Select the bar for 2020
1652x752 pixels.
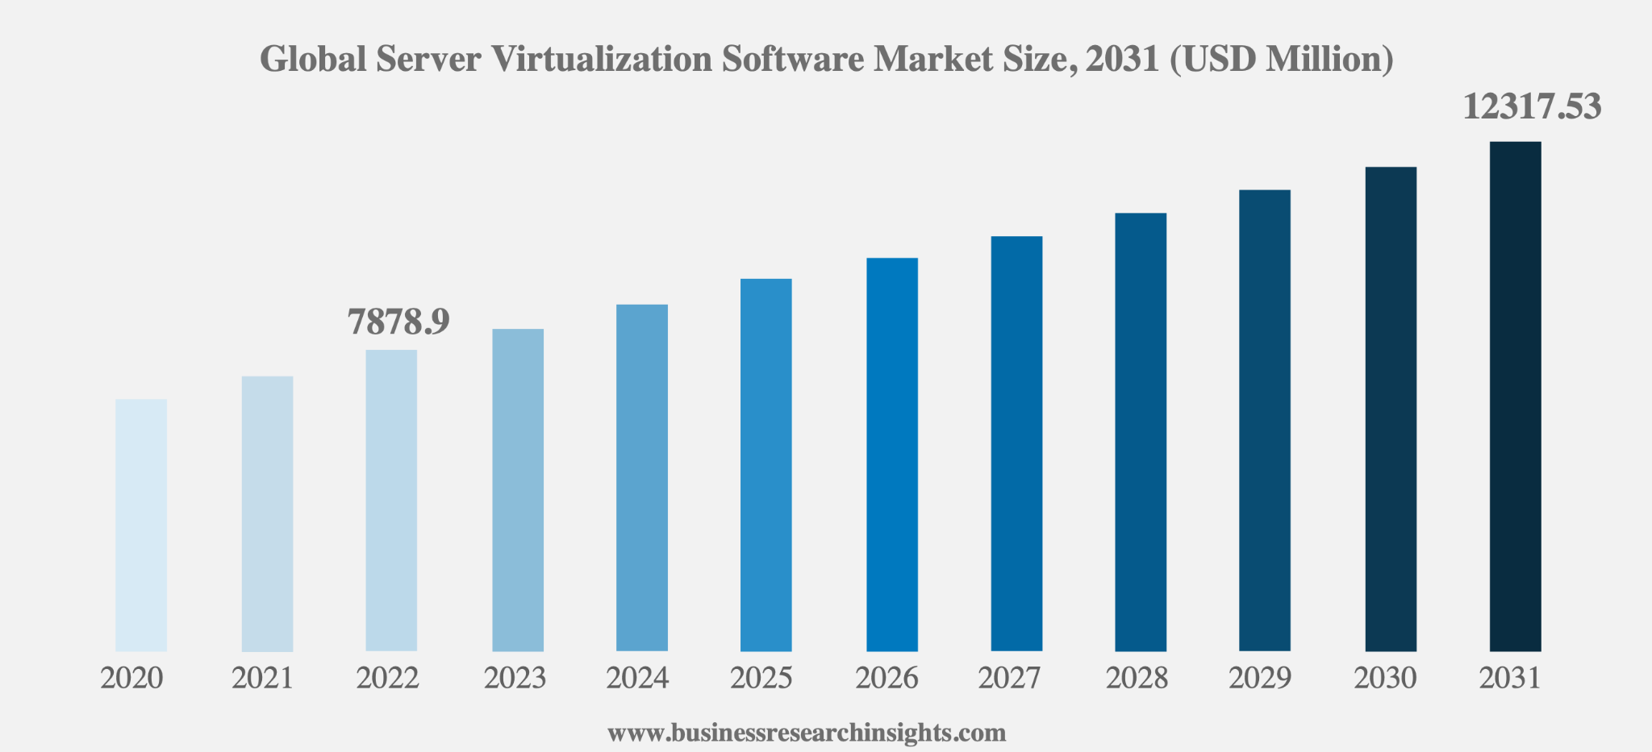coord(141,525)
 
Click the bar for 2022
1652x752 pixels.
coord(391,500)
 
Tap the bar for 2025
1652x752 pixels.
coord(766,464)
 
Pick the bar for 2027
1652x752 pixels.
coord(1016,443)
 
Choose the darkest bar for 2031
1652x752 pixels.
coord(1515,396)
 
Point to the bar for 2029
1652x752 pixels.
coord(1265,420)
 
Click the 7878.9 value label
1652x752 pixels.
coord(398,322)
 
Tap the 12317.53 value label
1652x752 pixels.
coord(1532,106)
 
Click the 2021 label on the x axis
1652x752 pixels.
coord(263,679)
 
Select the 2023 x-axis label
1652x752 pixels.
coord(515,679)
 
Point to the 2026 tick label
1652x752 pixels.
coord(886,679)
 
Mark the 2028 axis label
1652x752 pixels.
coord(1137,679)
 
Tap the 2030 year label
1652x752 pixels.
coord(1385,679)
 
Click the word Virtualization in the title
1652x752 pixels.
coord(602,59)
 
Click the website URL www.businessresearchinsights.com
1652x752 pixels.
coord(807,733)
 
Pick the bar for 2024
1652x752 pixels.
coord(642,477)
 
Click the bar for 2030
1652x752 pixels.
coord(1391,409)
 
